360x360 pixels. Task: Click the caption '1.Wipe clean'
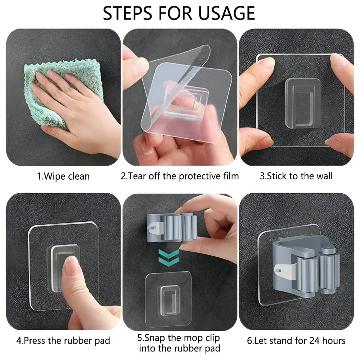pos(63,176)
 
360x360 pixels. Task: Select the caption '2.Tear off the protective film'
pos(180,176)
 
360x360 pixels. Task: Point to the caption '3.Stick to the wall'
pos(296,176)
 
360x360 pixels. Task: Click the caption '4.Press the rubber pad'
pos(63,341)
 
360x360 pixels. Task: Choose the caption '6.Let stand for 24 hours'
pos(296,341)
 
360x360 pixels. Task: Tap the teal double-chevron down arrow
pos(168,258)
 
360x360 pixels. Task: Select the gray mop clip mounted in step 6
pos(306,268)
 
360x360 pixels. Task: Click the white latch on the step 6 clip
pos(285,271)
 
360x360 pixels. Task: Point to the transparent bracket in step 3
pos(303,103)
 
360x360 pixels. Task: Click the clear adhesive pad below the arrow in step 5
pos(168,300)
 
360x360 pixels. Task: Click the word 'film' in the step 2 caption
pos(231,176)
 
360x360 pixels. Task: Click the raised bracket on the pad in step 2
pos(186,101)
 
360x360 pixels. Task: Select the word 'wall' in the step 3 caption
pos(324,176)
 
